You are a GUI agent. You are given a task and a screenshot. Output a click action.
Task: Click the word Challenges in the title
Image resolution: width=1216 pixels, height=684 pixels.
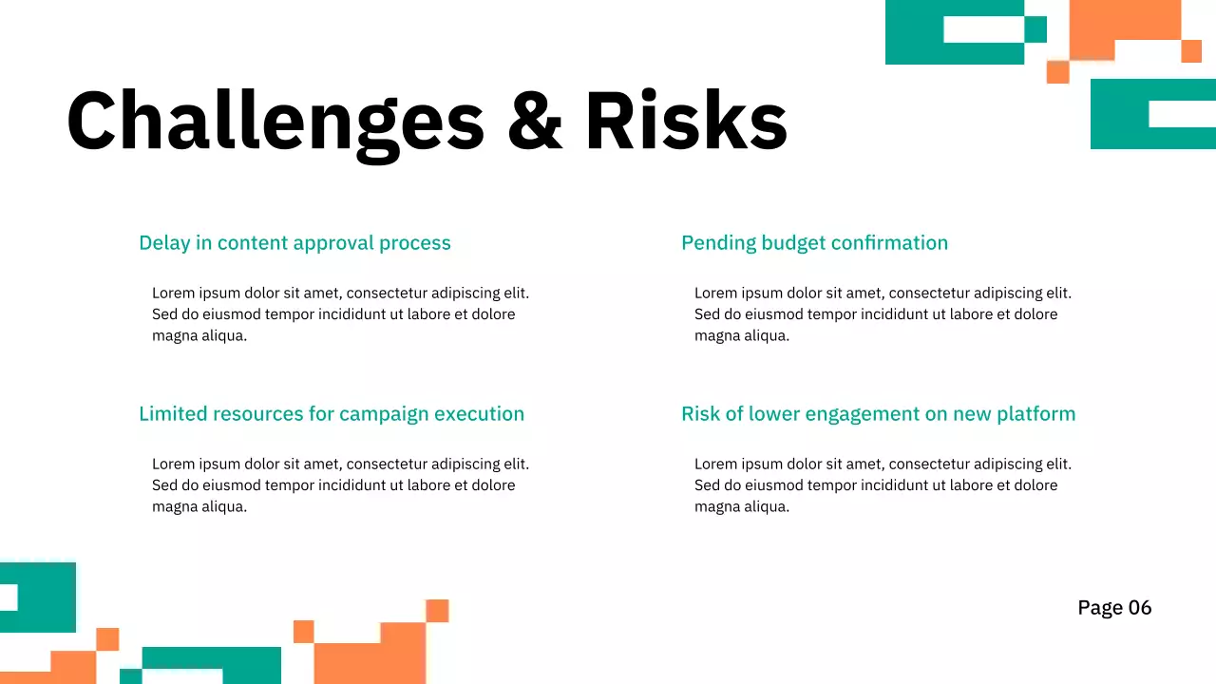(x=275, y=122)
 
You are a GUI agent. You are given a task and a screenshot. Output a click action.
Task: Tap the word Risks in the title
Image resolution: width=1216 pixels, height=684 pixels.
(x=686, y=122)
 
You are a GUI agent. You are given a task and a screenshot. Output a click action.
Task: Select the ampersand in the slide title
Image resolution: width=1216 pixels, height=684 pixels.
(x=535, y=122)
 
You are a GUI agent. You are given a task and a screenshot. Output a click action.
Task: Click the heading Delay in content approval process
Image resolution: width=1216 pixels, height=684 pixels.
(x=294, y=243)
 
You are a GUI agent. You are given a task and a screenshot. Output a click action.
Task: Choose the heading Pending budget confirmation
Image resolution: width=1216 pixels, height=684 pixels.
(x=814, y=243)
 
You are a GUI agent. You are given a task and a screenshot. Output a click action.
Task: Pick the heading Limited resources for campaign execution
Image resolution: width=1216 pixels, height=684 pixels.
(x=332, y=414)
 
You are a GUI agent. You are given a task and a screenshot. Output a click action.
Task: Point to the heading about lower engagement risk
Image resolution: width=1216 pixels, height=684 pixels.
(x=878, y=414)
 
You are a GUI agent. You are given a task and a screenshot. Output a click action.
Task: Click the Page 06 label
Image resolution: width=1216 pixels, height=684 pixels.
(x=1114, y=608)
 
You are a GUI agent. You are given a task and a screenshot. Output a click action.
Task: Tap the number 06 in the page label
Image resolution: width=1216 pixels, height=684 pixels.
(x=1140, y=608)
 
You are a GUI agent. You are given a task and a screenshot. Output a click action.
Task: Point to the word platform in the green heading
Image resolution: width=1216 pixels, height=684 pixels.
(x=1035, y=414)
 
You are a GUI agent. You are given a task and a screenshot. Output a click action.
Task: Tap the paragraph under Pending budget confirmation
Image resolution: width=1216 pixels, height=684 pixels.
(x=882, y=314)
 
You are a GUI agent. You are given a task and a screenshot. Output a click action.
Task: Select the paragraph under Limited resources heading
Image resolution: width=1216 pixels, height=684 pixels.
(x=339, y=485)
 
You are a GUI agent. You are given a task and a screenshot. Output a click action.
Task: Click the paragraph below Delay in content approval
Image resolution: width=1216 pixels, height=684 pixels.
(x=339, y=314)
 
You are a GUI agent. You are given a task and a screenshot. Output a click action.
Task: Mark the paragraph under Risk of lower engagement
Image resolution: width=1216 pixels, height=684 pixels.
(x=882, y=485)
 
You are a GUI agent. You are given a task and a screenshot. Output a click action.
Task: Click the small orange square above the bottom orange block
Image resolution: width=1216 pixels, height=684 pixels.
(x=437, y=611)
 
